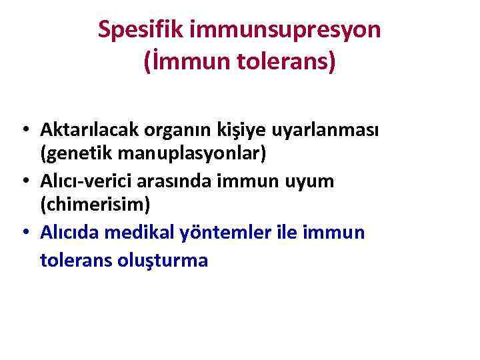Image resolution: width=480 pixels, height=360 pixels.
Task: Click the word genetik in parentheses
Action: [76, 154]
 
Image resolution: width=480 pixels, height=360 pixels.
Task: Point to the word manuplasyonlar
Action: [191, 154]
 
